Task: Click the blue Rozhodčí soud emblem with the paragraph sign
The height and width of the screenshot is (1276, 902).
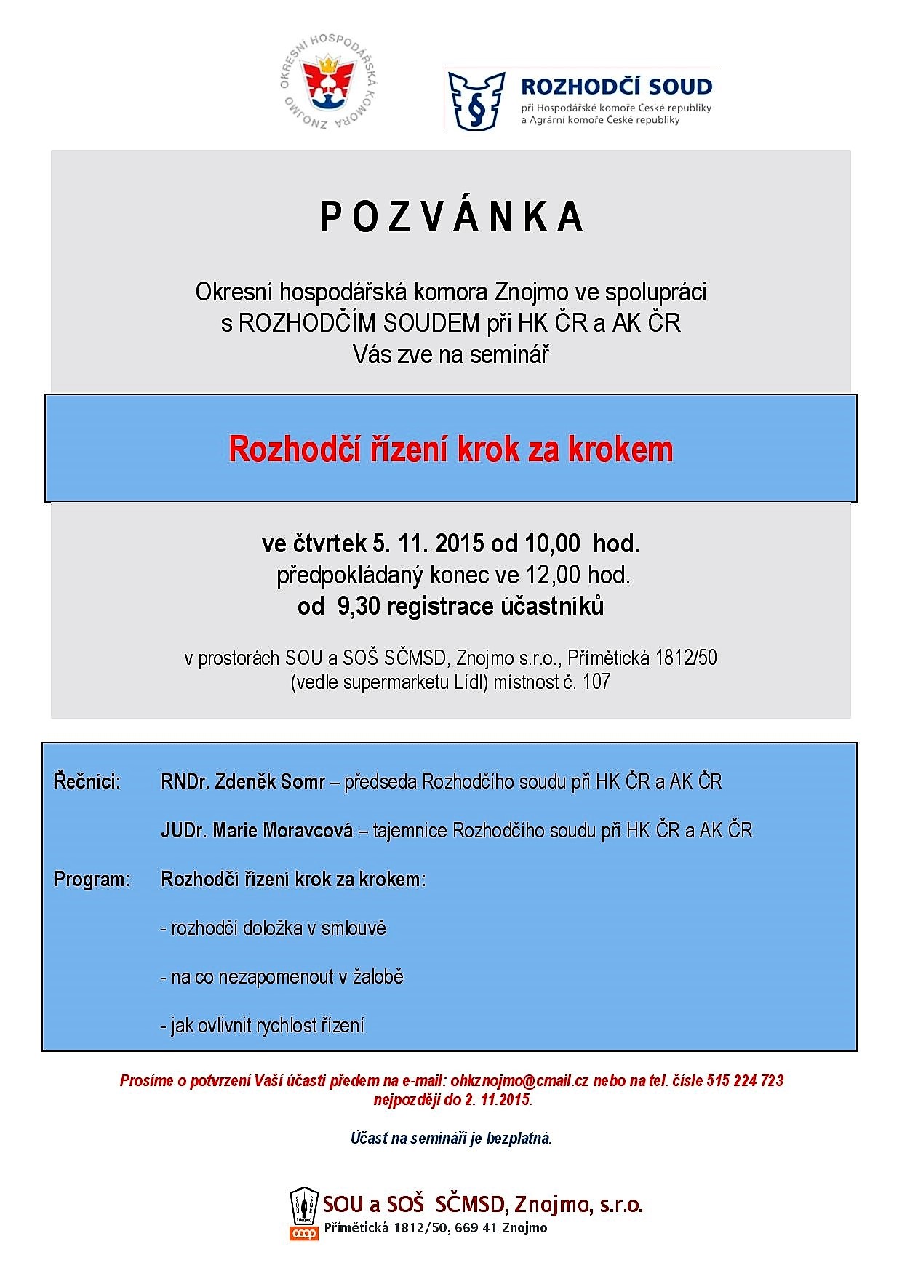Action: [476, 100]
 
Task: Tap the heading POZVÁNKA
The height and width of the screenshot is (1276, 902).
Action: [452, 218]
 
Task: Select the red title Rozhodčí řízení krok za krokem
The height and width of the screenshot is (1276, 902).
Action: [451, 450]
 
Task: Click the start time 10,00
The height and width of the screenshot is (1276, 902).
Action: [556, 543]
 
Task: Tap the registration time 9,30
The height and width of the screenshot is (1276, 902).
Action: [359, 607]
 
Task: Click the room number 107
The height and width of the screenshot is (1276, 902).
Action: [596, 682]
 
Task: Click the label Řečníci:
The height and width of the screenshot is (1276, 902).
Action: [87, 782]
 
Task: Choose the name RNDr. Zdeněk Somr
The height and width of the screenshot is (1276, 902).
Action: [243, 782]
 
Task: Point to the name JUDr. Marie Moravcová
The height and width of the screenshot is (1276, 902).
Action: [257, 830]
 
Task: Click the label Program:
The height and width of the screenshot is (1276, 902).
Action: [92, 879]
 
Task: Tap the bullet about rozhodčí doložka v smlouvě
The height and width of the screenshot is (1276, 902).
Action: [274, 928]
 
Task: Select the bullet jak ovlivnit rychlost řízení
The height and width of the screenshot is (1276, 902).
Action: [263, 1026]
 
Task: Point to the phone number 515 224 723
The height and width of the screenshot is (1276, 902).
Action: [744, 1080]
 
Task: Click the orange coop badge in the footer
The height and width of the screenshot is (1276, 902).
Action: [303, 1234]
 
